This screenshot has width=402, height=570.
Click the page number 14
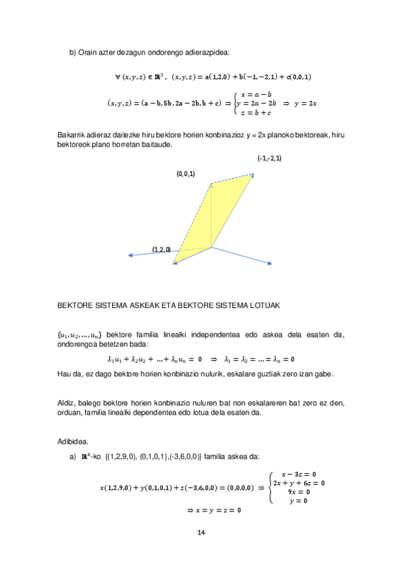(x=201, y=533)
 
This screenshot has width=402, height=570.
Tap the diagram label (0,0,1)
(x=186, y=174)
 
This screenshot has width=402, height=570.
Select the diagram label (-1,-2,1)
(x=270, y=158)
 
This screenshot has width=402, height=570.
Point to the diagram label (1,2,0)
(x=161, y=249)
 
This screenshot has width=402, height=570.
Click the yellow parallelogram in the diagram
(x=215, y=215)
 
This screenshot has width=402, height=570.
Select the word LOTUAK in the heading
(x=264, y=305)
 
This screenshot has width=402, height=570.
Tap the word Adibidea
(x=73, y=442)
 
